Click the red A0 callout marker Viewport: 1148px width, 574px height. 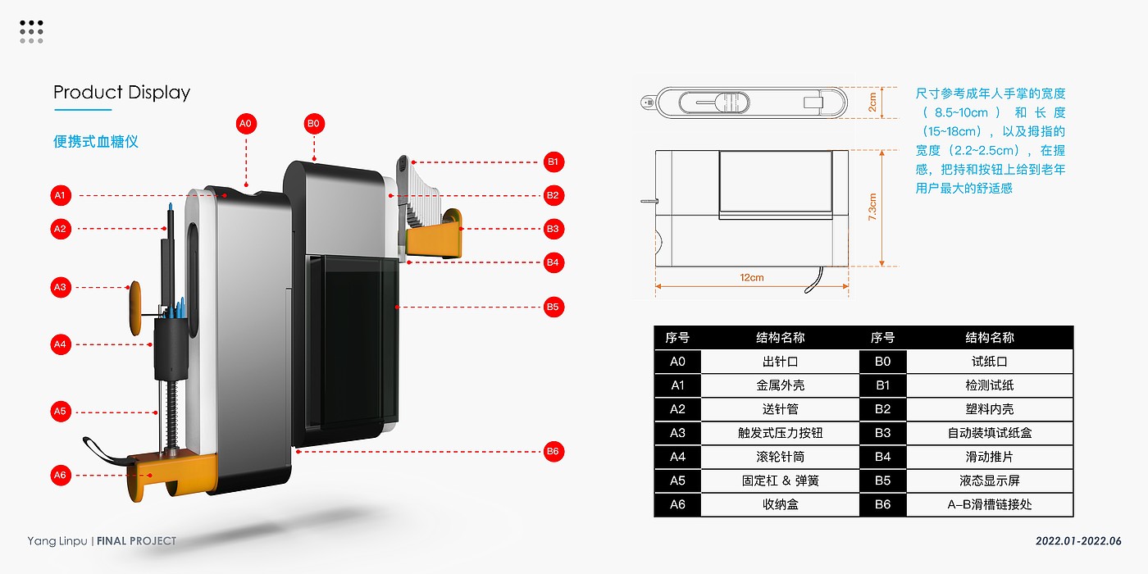[x=246, y=124]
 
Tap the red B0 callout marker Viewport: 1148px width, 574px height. [x=313, y=124]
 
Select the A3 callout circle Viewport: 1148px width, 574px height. [x=60, y=288]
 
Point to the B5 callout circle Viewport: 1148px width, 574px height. [x=553, y=307]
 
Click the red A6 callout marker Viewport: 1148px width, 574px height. [x=60, y=475]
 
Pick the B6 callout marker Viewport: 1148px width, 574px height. [x=553, y=451]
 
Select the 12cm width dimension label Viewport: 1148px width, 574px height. [x=751, y=277]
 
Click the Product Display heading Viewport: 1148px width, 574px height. [x=121, y=92]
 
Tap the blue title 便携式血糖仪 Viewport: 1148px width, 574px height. [x=96, y=141]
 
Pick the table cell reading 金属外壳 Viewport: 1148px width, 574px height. [x=780, y=385]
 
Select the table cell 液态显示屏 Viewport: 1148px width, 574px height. [x=989, y=481]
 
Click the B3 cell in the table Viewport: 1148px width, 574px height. [x=882, y=433]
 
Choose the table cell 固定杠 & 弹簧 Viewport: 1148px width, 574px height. [x=780, y=481]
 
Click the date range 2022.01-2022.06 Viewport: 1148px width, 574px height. [x=1077, y=541]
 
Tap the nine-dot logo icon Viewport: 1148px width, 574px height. [x=31, y=32]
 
